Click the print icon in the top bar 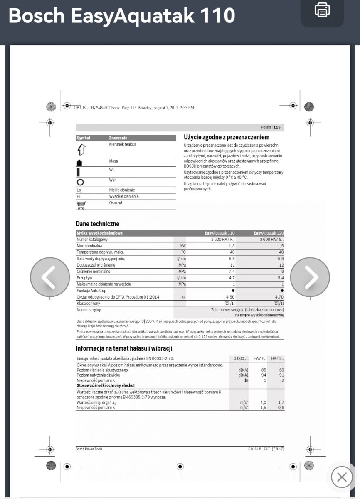[322, 10]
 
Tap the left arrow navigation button [50, 277]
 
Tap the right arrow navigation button [310, 277]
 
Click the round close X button [342, 477]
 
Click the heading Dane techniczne [97, 224]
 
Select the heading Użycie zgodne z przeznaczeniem [227, 137]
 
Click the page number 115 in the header [277, 127]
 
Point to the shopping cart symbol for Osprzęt [81, 205]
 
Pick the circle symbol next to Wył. [80, 182]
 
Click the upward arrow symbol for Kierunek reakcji [81, 149]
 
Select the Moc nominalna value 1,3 [232, 246]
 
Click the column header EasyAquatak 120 [269, 233]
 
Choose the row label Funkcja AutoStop [92, 291]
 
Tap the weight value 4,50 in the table [230, 297]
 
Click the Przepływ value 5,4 [280, 278]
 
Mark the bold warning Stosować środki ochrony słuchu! [106, 385]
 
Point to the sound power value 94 [263, 375]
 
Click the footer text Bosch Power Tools [89, 449]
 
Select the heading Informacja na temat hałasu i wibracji [124, 348]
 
